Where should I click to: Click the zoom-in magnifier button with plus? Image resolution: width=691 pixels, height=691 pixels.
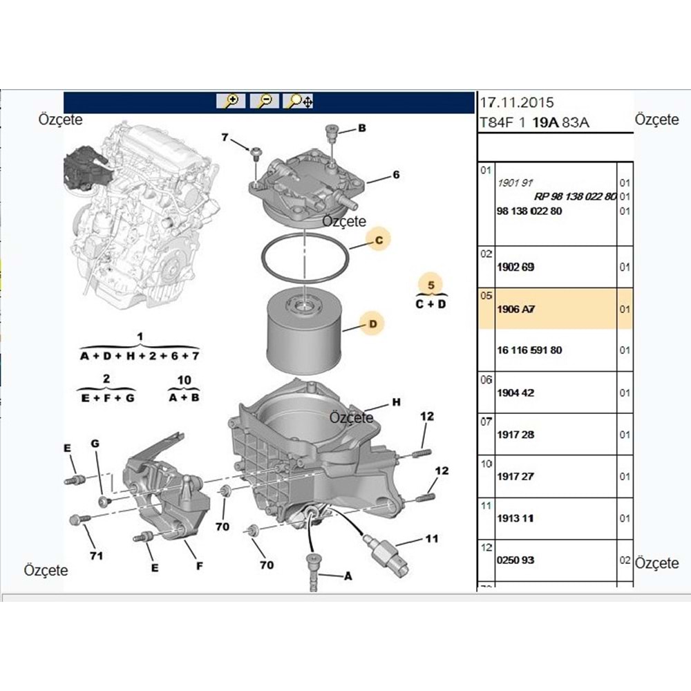231,102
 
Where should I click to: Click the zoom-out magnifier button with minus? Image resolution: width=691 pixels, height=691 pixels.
265,102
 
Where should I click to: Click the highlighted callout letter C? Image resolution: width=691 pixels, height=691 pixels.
378,240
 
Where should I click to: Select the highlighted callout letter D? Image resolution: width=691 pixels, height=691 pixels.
372,323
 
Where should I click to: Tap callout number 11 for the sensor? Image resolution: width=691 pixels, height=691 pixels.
431,538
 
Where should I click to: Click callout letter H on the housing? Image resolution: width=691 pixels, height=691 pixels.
396,402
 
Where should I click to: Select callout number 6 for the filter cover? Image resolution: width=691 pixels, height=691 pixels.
396,176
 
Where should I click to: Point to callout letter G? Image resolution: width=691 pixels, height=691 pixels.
95,442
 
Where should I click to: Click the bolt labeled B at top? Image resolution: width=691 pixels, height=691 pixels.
330,131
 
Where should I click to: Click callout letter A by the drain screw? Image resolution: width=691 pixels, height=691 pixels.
347,576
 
